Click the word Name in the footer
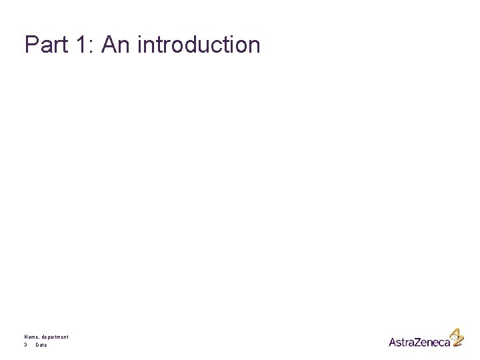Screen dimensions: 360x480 click(x=31, y=337)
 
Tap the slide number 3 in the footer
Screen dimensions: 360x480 click(x=25, y=345)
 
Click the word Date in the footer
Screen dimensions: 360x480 click(x=41, y=345)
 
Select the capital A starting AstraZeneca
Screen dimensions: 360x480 click(x=393, y=342)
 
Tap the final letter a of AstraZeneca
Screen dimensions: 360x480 click(x=446, y=343)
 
